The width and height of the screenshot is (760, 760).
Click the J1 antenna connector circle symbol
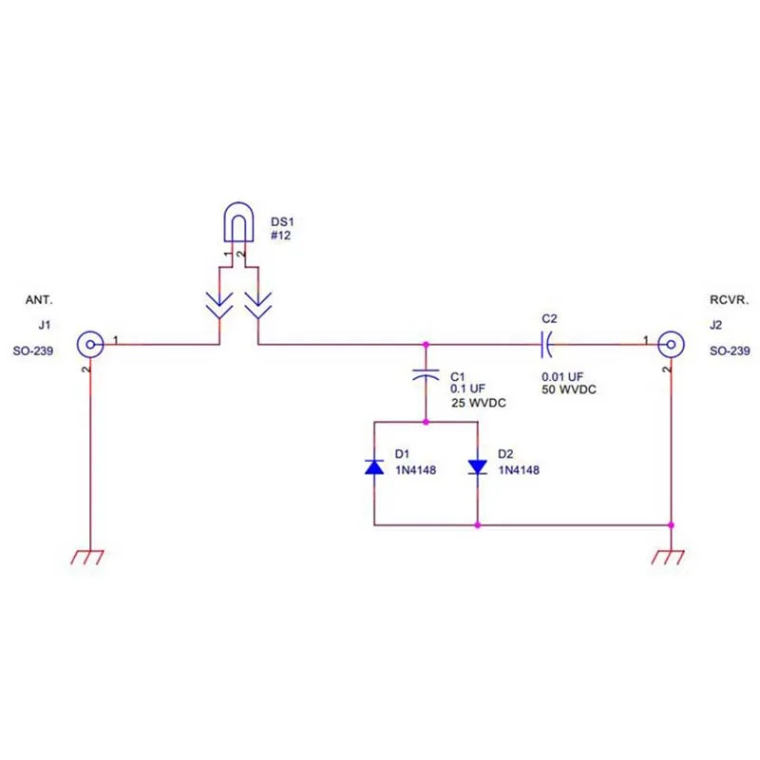pyautogui.click(x=89, y=342)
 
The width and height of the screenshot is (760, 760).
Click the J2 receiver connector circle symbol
pyautogui.click(x=671, y=342)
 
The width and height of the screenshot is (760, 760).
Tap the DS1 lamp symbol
pyautogui.click(x=235, y=224)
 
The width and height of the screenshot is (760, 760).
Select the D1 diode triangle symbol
pyautogui.click(x=375, y=466)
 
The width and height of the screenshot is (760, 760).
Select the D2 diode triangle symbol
pyautogui.click(x=478, y=466)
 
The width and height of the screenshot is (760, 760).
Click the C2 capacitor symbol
pyautogui.click(x=546, y=342)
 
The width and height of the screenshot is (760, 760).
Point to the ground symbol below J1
pyautogui.click(x=89, y=557)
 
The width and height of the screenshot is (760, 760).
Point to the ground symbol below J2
pyautogui.click(x=671, y=557)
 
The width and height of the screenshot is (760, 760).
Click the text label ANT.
pyautogui.click(x=36, y=300)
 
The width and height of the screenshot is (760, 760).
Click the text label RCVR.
pyautogui.click(x=730, y=300)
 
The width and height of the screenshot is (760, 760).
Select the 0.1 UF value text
pyautogui.click(x=467, y=389)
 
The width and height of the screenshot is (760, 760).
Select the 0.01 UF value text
pyautogui.click(x=561, y=375)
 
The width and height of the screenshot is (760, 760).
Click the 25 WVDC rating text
pyautogui.click(x=478, y=404)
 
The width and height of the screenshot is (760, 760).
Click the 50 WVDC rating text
pyautogui.click(x=569, y=390)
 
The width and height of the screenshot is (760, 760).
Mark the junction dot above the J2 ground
pyautogui.click(x=671, y=524)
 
